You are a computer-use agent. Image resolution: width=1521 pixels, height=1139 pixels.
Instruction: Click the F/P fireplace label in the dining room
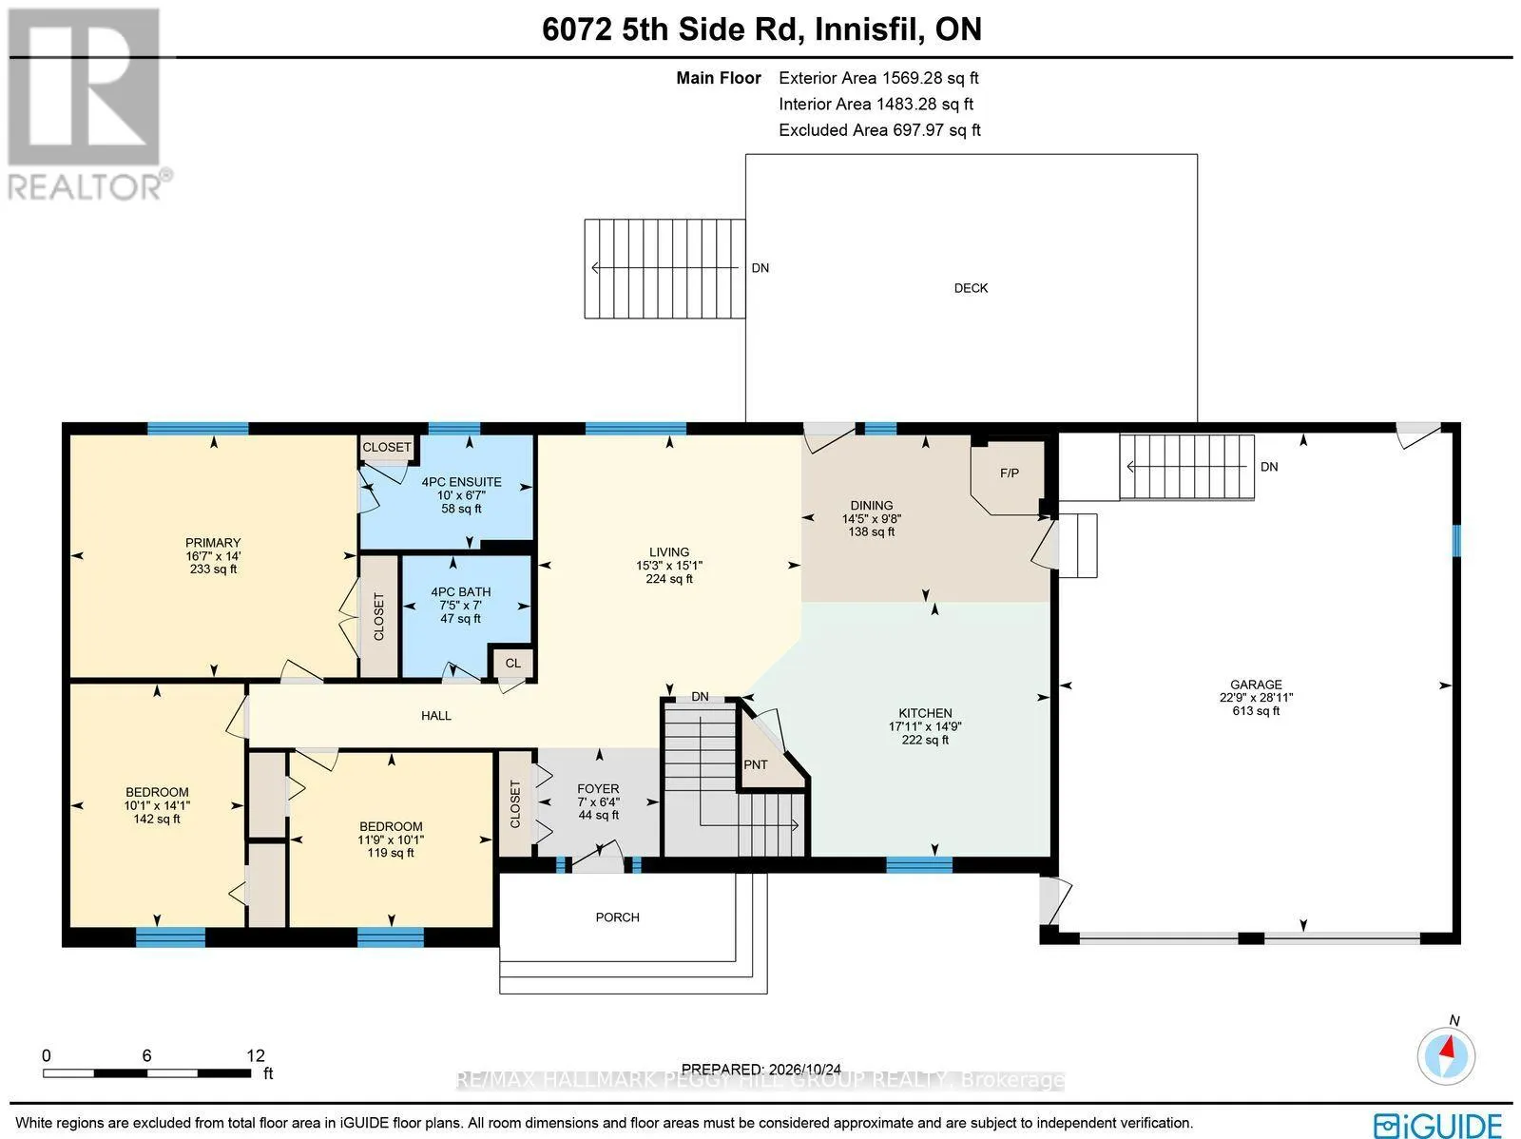coord(1009,473)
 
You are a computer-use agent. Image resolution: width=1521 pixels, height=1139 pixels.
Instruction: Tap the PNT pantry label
coord(756,764)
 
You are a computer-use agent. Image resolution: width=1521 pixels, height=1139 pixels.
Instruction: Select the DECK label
coord(971,288)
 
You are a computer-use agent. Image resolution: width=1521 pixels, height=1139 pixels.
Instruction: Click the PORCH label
coord(617,917)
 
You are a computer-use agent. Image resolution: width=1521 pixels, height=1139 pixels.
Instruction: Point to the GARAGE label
coord(1257,685)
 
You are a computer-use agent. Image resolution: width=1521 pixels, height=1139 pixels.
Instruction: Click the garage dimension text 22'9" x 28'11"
coord(1257,698)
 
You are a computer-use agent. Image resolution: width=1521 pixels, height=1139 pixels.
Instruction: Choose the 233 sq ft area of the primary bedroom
coord(214,569)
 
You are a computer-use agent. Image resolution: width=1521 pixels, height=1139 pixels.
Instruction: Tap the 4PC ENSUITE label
coord(461,482)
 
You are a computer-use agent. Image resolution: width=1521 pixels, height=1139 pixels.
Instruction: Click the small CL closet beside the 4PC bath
coord(512,663)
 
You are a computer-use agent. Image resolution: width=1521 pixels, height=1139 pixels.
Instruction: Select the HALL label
coord(435,716)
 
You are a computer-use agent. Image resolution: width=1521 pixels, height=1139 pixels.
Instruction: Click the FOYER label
coord(598,789)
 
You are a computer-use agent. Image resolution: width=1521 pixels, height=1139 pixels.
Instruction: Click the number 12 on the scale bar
coord(256,1056)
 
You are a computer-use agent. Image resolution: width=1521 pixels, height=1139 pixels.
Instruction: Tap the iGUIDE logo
coord(1438,1124)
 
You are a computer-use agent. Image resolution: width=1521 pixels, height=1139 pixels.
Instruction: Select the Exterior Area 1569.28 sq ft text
coord(878,78)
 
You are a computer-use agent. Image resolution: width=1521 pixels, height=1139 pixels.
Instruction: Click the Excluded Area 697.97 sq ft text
coord(879,130)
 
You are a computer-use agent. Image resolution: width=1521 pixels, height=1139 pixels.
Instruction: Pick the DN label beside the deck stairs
coord(760,268)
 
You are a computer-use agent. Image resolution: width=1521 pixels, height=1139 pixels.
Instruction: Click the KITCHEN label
coord(925,713)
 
